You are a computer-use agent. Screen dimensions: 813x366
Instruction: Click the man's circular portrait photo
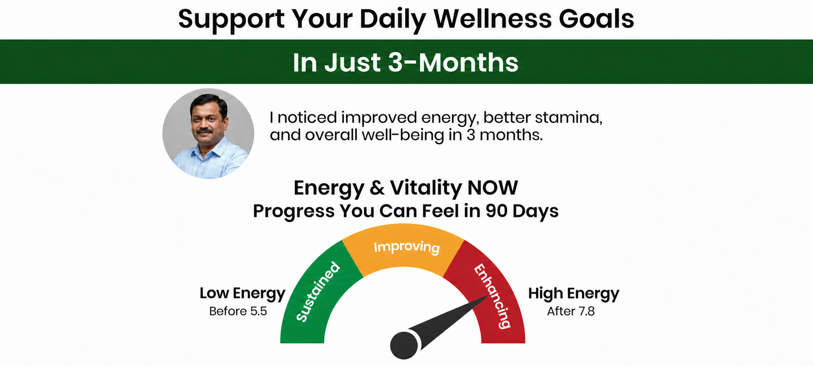point(208,133)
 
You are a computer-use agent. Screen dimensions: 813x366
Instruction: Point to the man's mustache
point(205,131)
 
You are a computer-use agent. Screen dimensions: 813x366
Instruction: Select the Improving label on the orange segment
point(406,247)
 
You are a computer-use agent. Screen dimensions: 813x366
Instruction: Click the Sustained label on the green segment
point(318,292)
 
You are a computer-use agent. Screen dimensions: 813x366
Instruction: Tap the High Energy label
point(574,294)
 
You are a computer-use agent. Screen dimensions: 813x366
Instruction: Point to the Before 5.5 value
point(238,311)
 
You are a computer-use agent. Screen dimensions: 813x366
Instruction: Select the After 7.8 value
point(571,311)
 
